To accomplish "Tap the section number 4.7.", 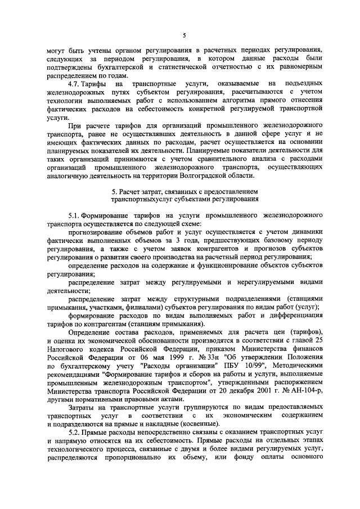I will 75,83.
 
